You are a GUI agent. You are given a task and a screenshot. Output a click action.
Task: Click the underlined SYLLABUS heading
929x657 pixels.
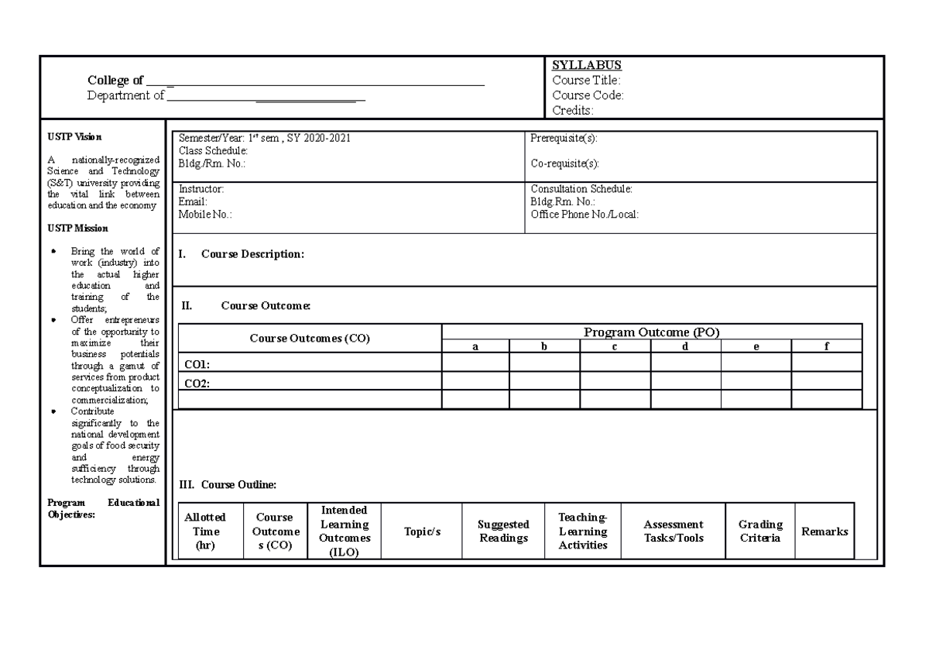click(x=586, y=65)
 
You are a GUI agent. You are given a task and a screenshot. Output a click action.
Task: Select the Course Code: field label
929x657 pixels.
click(x=587, y=95)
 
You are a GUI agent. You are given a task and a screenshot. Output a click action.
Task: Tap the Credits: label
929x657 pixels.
click(x=572, y=111)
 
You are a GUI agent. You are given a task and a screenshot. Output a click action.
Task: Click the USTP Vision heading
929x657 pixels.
click(x=74, y=136)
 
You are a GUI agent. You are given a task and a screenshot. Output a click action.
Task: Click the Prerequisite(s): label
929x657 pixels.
click(x=564, y=138)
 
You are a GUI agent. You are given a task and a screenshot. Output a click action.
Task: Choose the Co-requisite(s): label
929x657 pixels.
click(x=564, y=163)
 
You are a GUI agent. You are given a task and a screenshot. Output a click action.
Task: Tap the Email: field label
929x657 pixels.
click(x=193, y=201)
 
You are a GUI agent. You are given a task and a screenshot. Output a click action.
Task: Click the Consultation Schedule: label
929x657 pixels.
click(x=581, y=188)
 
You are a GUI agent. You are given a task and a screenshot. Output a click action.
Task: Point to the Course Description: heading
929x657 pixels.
click(x=252, y=254)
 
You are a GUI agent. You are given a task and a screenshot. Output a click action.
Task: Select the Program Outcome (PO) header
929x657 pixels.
click(x=651, y=332)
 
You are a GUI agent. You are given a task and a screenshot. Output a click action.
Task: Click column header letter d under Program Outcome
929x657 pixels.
click(x=685, y=346)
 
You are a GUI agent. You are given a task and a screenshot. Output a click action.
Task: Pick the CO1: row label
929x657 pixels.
click(x=197, y=363)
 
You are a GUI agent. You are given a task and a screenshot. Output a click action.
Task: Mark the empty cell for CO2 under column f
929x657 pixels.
click(x=826, y=381)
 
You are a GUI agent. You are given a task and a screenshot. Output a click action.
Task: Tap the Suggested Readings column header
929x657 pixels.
click(x=503, y=531)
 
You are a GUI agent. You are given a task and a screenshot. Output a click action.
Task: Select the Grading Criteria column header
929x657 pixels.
click(x=760, y=531)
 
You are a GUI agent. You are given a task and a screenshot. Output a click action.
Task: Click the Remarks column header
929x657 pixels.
click(x=824, y=531)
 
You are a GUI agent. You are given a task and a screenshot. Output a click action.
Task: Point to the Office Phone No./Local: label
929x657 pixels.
click(x=584, y=215)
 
